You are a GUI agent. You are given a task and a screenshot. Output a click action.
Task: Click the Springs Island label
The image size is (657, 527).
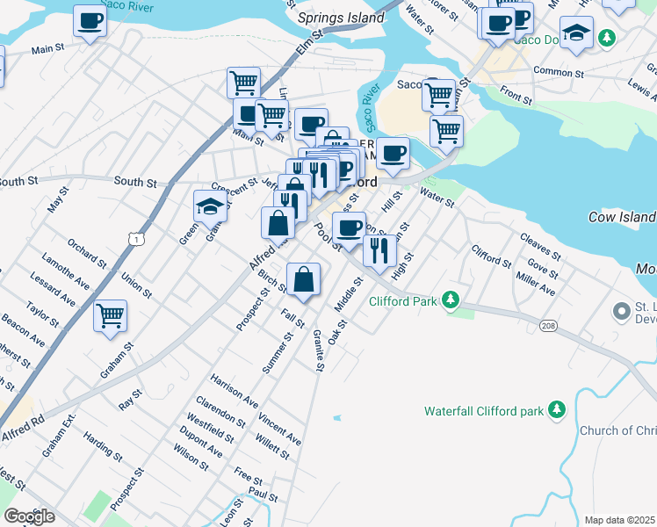pyautogui.click(x=341, y=18)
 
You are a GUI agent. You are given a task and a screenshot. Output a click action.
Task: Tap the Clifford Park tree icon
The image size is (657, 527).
pyautogui.click(x=451, y=301)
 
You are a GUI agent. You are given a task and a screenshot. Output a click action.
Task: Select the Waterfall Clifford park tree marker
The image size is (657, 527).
pyautogui.click(x=556, y=410)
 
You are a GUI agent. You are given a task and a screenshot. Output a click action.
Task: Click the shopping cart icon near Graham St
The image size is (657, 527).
pyautogui.click(x=110, y=315)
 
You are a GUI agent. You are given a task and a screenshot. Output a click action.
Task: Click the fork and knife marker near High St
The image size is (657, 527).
pyautogui.click(x=379, y=251)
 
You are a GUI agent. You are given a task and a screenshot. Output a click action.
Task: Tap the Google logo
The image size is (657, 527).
pyautogui.click(x=29, y=516)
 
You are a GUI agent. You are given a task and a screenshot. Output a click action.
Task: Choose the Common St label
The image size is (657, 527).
pyautogui.click(x=559, y=72)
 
